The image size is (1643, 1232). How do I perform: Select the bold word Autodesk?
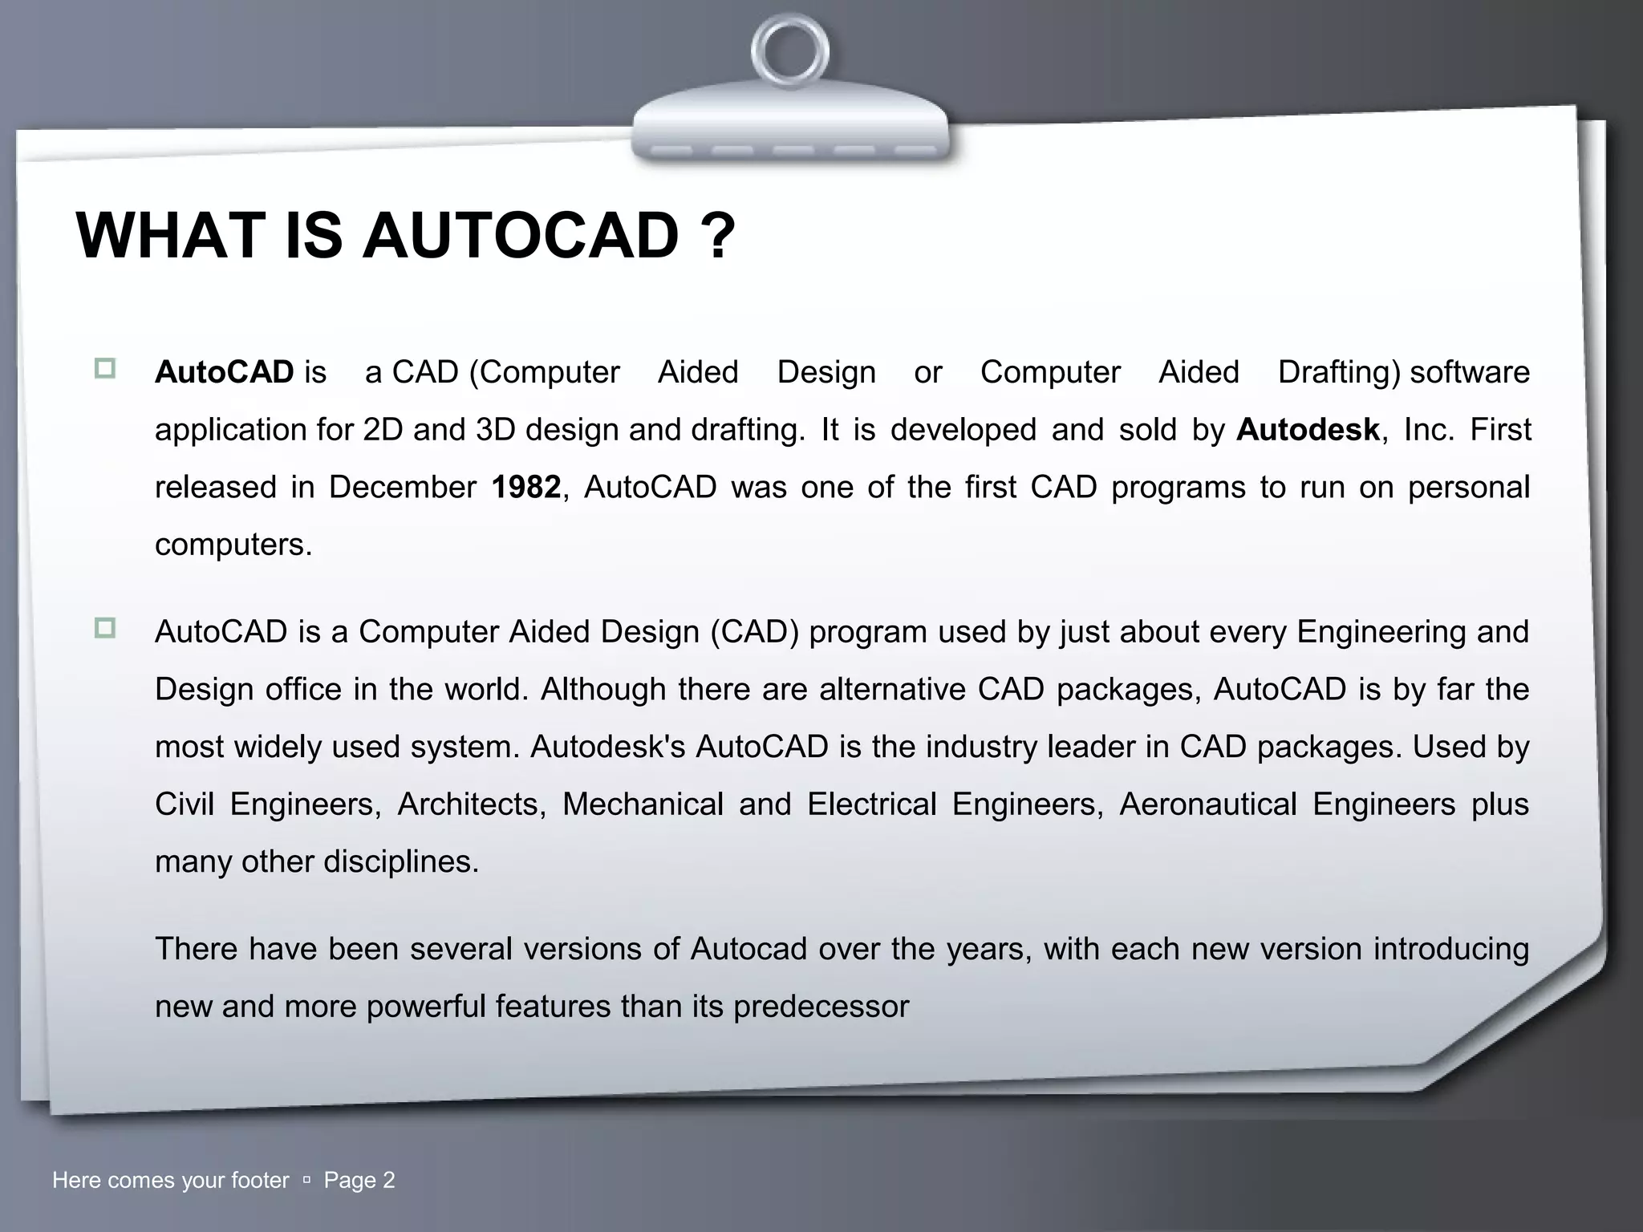[1308, 430]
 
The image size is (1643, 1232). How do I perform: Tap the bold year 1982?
[525, 488]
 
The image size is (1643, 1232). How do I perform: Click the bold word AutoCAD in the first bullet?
[225, 372]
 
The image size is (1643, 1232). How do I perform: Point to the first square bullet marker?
[105, 369]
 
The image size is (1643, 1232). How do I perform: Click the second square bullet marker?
[105, 628]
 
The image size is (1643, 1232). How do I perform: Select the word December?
[402, 488]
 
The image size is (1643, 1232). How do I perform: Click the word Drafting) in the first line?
[1339, 372]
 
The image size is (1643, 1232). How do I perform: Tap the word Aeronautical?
[1207, 804]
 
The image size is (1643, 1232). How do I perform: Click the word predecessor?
[821, 1007]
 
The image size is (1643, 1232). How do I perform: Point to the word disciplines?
[400, 862]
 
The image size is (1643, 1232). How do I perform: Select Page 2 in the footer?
[359, 1180]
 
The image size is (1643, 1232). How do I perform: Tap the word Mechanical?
[643, 804]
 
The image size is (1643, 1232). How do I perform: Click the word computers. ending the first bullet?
[233, 545]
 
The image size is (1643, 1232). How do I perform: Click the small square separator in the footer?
[306, 1181]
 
